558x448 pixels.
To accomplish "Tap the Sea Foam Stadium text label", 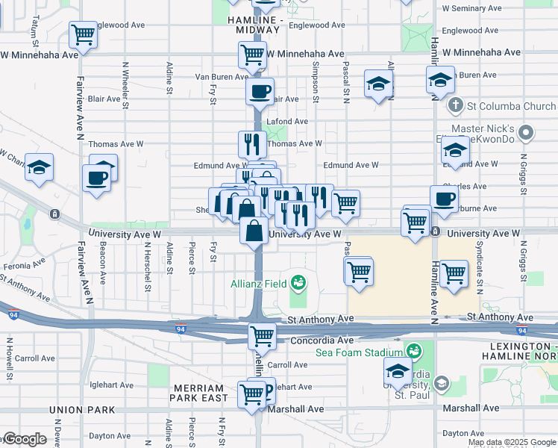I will pyautogui.click(x=360, y=352).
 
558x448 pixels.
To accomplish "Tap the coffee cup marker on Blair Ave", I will pyautogui.click(x=260, y=92).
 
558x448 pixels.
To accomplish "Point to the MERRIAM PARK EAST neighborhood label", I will pyautogui.click(x=199, y=393).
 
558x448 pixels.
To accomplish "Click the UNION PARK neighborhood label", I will pyautogui.click(x=81, y=410).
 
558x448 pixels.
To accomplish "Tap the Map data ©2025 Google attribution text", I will pyautogui.click(x=511, y=442).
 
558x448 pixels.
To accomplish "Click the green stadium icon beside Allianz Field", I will pyautogui.click(x=298, y=282).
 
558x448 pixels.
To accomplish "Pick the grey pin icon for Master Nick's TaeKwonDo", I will pyautogui.click(x=527, y=134).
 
